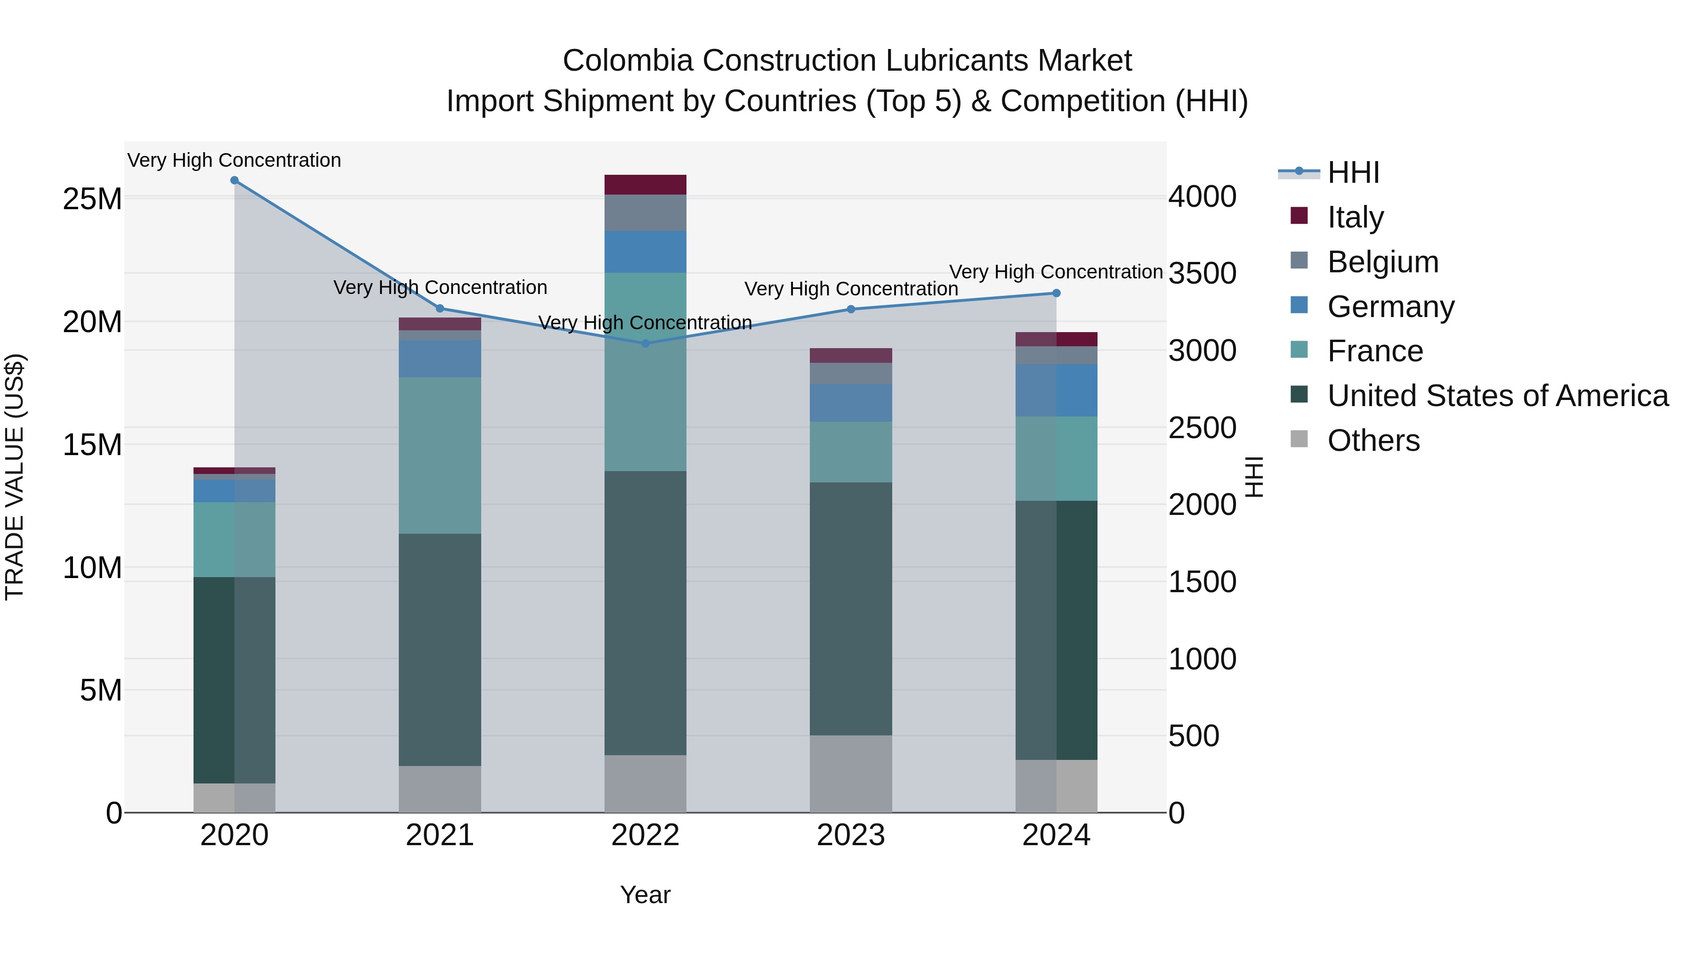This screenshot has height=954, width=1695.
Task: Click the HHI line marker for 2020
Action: [x=234, y=180]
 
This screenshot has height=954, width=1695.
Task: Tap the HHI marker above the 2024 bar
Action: [x=1056, y=293]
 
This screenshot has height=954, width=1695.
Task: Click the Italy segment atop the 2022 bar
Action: [x=645, y=185]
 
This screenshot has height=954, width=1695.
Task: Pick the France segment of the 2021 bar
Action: [x=440, y=456]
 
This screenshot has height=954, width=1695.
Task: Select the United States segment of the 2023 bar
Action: [x=850, y=609]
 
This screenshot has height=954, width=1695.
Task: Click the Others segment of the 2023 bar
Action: [x=850, y=774]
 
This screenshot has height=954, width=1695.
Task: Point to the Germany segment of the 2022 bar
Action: [x=645, y=252]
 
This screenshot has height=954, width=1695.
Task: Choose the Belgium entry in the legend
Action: [x=1382, y=262]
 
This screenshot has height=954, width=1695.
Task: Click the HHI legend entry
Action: [x=1353, y=172]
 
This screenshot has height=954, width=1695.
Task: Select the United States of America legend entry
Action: [x=1497, y=396]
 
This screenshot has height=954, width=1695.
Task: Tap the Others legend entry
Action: [x=1373, y=440]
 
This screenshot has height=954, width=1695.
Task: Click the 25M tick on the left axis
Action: [x=92, y=199]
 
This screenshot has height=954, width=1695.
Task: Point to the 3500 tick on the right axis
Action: [x=1202, y=274]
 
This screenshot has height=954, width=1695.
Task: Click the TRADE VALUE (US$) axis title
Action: [x=15, y=477]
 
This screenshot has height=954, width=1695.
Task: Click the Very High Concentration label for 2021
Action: [x=440, y=288]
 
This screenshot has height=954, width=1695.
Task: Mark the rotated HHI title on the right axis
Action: [x=1254, y=477]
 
